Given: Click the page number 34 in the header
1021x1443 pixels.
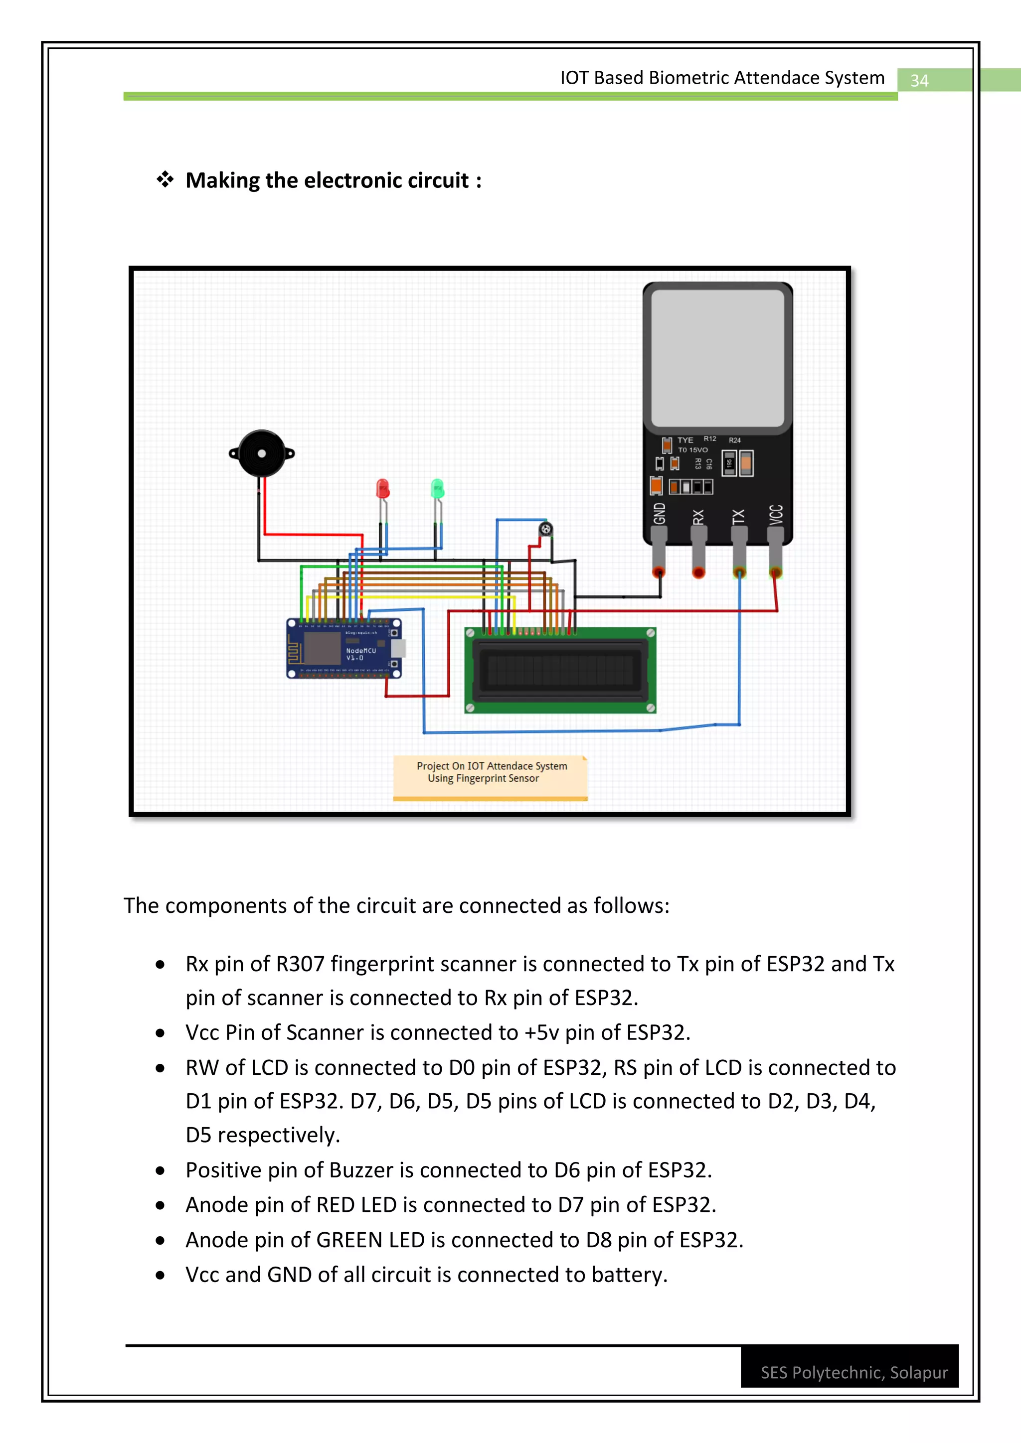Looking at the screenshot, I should [x=919, y=80].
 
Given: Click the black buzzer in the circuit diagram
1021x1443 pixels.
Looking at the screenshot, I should [x=262, y=453].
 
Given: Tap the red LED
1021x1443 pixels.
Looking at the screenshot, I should [x=382, y=489].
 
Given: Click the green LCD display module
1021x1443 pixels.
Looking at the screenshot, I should [x=560, y=670].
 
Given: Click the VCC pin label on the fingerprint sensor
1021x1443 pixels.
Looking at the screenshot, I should [x=776, y=514].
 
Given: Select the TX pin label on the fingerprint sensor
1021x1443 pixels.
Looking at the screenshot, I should [x=739, y=516].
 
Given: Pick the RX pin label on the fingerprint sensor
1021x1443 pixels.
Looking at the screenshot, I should [x=698, y=517].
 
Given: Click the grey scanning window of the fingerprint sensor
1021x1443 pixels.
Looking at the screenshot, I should [x=717, y=358].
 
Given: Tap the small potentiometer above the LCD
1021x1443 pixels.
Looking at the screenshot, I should [x=546, y=529].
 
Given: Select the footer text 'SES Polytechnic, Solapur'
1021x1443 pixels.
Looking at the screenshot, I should [x=854, y=1373].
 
